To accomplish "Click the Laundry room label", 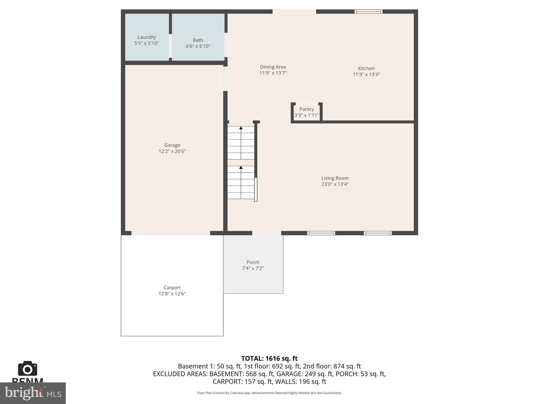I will tap(147, 37).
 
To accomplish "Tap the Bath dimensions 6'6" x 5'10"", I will tap(198, 46).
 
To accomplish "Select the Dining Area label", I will tap(273, 67).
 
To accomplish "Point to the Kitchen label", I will tap(366, 68).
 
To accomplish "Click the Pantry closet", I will tap(307, 112).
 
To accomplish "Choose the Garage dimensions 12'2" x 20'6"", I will tap(172, 151).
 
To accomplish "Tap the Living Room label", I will tap(335, 178).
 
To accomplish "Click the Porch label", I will tap(253, 262).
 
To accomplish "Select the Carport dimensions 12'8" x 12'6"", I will tap(172, 294).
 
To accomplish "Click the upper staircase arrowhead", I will tap(241, 128).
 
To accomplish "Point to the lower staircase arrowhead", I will tap(241, 168).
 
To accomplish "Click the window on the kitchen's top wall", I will tap(368, 12).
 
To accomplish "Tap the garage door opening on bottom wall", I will tap(171, 233).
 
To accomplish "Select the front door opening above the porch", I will tap(267, 233).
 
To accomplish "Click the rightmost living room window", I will tap(378, 233).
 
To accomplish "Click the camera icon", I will tap(27, 369).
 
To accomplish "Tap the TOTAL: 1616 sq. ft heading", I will tap(269, 358).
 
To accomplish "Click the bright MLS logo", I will tap(33, 393).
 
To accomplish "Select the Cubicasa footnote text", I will tap(269, 393).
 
